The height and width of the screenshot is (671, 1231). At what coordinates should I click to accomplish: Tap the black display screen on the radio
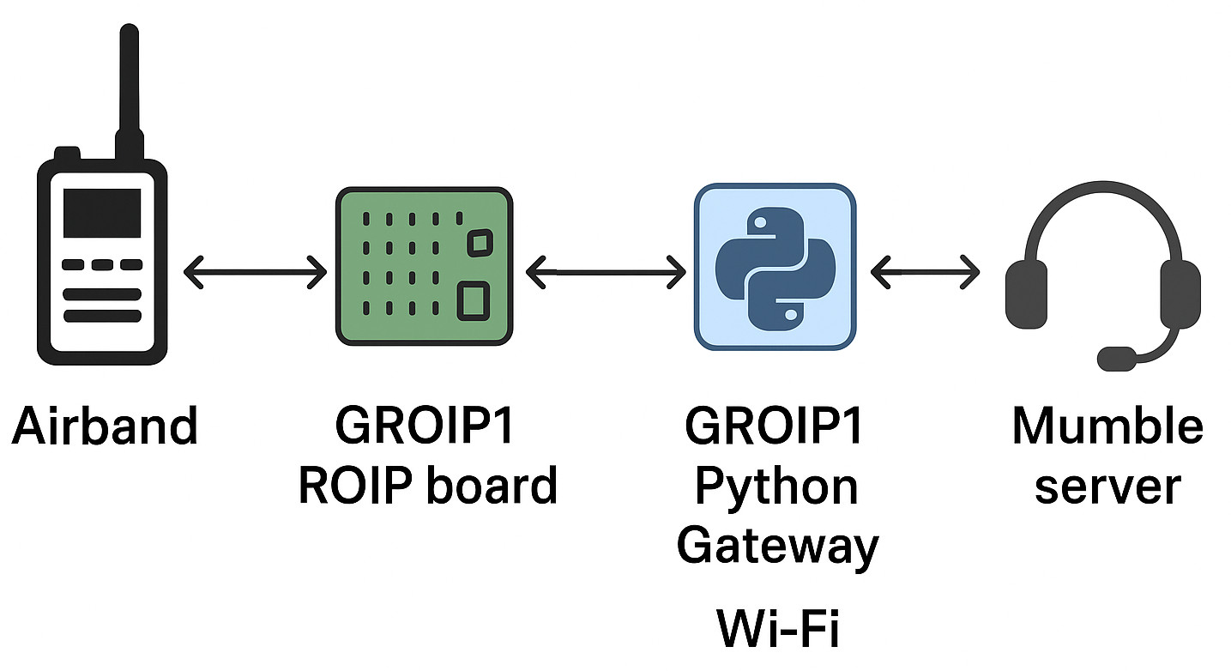click(102, 212)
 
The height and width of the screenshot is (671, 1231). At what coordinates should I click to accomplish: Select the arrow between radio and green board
click(255, 274)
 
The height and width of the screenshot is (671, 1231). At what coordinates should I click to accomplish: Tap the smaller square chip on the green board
click(479, 242)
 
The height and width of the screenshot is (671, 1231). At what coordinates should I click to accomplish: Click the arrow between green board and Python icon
click(605, 274)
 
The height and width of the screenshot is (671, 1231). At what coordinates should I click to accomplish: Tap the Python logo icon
click(774, 268)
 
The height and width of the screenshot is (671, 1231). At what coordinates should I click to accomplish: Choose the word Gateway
click(777, 546)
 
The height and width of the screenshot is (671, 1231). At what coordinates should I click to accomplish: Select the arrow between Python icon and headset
click(925, 274)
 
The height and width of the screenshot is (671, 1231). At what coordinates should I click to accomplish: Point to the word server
click(1107, 487)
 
